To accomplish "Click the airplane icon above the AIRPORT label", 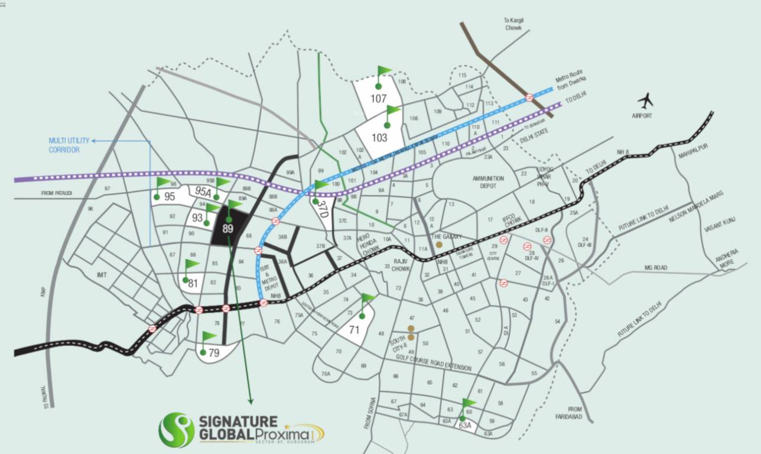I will pyautogui.click(x=646, y=100).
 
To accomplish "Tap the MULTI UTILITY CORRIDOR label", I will pyautogui.click(x=69, y=145).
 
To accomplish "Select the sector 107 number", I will pyautogui.click(x=379, y=98).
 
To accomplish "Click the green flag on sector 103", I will pyautogui.click(x=393, y=111).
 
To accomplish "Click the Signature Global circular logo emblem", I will pyautogui.click(x=176, y=430).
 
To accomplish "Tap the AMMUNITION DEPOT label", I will pyautogui.click(x=487, y=182).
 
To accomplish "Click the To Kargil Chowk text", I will pyautogui.click(x=513, y=24).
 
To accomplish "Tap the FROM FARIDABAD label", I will pyautogui.click(x=575, y=413).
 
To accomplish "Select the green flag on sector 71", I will pyautogui.click(x=368, y=298).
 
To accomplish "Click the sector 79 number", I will pyautogui.click(x=214, y=353).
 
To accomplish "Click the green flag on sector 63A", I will pyautogui.click(x=469, y=403).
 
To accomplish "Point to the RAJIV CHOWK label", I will pyautogui.click(x=401, y=264).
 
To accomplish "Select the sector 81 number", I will pyautogui.click(x=193, y=283).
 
